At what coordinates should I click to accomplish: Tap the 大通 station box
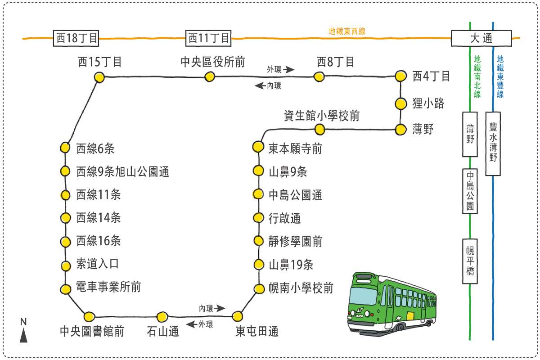click(x=481, y=38)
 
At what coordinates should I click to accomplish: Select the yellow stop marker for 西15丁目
click(x=99, y=77)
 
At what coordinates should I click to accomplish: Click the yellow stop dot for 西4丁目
click(x=400, y=76)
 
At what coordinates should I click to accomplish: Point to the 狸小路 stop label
click(x=428, y=103)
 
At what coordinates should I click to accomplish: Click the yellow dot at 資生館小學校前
click(x=319, y=130)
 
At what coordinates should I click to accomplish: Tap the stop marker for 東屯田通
click(x=237, y=316)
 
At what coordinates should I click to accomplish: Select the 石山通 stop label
click(x=163, y=332)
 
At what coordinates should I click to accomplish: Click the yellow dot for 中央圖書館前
click(x=90, y=316)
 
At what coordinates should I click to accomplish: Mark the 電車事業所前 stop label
click(x=108, y=287)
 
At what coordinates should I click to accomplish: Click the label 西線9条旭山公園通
click(x=123, y=171)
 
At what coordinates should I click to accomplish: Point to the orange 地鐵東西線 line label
click(x=347, y=31)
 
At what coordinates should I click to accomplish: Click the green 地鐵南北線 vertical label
click(x=477, y=76)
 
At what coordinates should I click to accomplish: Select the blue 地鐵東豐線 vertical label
click(x=500, y=76)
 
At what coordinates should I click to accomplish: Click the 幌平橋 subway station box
click(x=470, y=261)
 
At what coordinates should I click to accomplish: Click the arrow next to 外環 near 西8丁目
click(x=289, y=69)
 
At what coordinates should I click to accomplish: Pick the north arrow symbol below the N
click(x=24, y=335)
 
